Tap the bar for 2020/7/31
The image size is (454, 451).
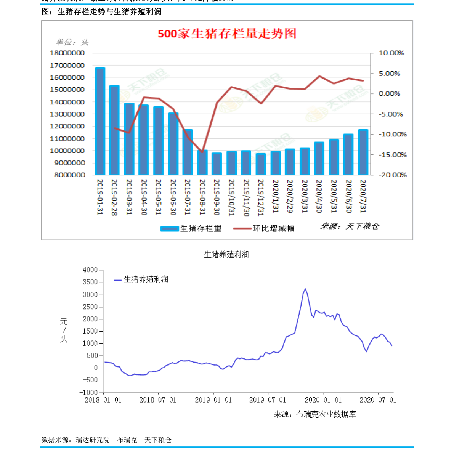pyautogui.click(x=363, y=152)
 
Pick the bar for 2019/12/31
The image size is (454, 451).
pyautogui.click(x=261, y=164)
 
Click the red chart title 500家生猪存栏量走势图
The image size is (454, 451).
pyautogui.click(x=227, y=34)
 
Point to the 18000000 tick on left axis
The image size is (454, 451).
pyautogui.click(x=67, y=53)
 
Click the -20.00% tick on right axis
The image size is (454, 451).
pyautogui.click(x=392, y=175)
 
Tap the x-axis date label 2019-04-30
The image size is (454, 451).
pyautogui.click(x=144, y=197)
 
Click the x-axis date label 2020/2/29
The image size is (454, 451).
pyautogui.click(x=290, y=196)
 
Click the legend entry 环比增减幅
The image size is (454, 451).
pyautogui.click(x=264, y=228)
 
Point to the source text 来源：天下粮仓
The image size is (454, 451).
pyautogui.click(x=350, y=226)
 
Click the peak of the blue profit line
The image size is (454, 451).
pyautogui.click(x=305, y=289)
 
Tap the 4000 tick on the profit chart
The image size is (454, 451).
pyautogui.click(x=90, y=270)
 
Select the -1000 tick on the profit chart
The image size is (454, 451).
pyautogui.click(x=89, y=392)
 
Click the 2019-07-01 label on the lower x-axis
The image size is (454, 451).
pyautogui.click(x=268, y=400)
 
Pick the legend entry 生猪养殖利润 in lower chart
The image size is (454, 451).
pyautogui.click(x=141, y=279)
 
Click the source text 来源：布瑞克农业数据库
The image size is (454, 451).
pyautogui.click(x=314, y=414)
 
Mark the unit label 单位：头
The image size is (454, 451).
pyautogui.click(x=72, y=42)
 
